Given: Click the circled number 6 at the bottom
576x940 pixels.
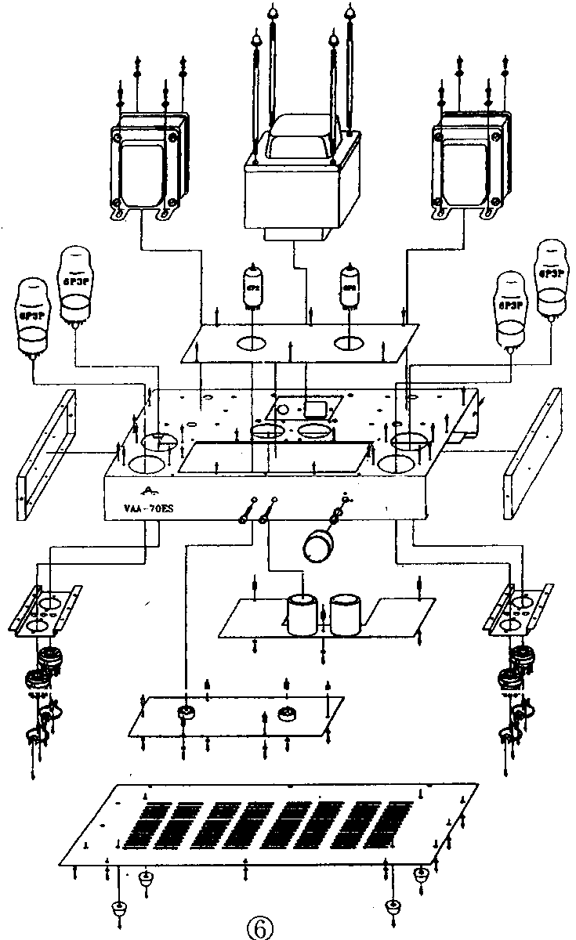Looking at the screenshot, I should click(260, 927).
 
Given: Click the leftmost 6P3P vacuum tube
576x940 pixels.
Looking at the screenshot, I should click(32, 317).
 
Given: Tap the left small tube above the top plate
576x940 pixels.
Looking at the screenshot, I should click(252, 287).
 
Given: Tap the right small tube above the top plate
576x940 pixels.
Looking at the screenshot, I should click(349, 287).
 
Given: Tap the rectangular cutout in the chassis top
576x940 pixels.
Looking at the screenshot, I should click(275, 457).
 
